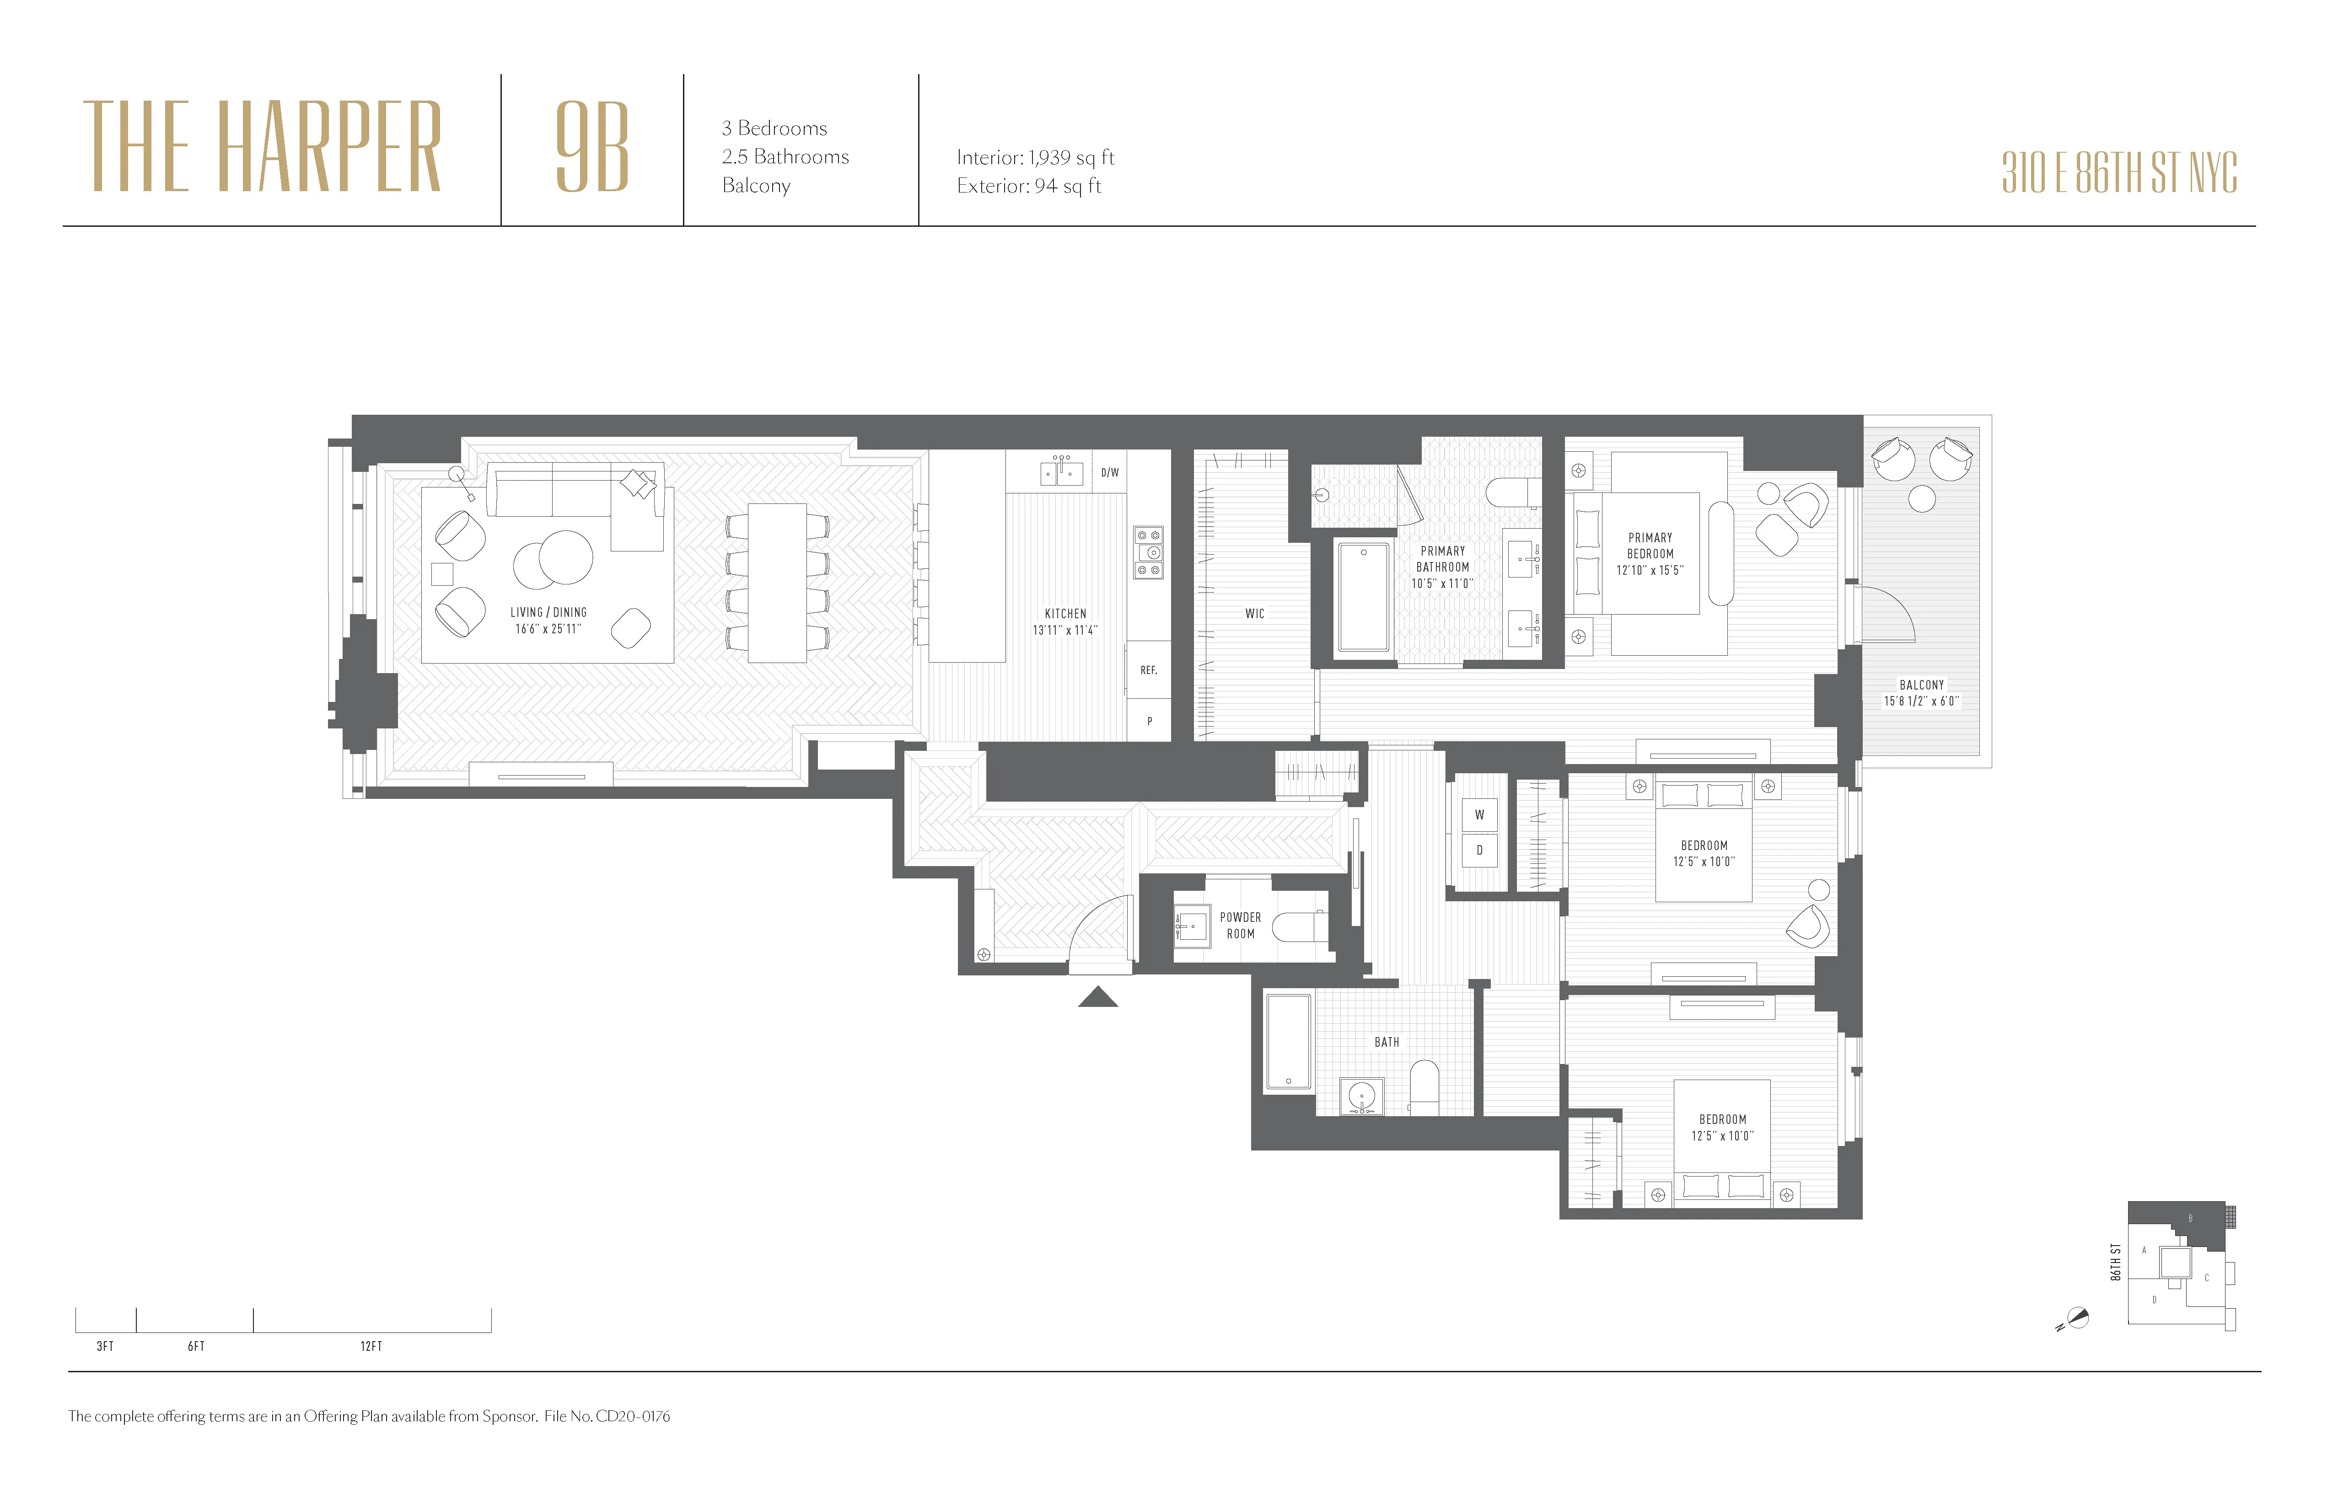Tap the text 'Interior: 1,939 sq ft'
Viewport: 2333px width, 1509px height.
1035,158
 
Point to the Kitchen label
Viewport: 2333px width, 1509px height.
1065,621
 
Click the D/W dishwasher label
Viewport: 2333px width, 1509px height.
1110,472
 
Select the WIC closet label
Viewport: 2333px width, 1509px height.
1255,613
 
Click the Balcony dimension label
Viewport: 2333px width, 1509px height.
1921,693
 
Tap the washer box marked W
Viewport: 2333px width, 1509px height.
1479,814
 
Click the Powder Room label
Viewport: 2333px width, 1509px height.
1240,925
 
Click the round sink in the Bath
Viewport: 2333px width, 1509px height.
1361,1096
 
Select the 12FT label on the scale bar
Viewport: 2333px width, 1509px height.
371,1346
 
